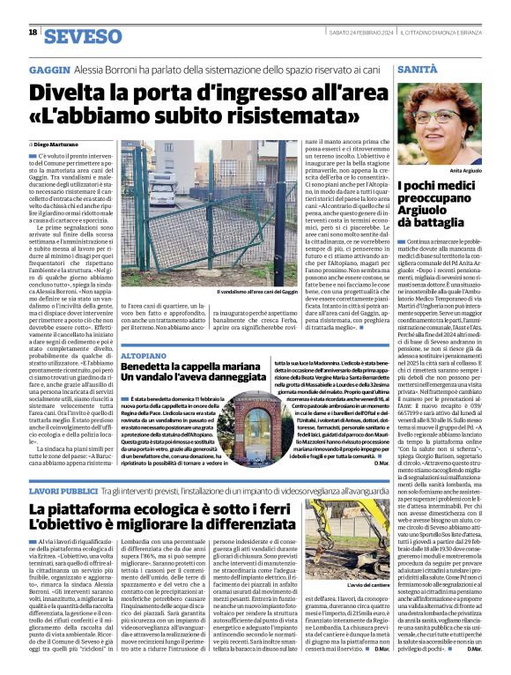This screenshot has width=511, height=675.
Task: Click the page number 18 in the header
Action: pyautogui.click(x=33, y=33)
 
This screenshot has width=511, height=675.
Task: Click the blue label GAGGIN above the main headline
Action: pyautogui.click(x=49, y=68)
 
